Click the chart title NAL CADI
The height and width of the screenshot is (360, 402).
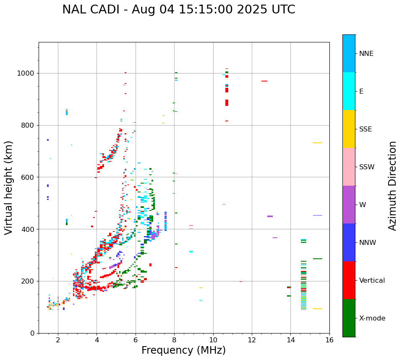pyautogui.click(x=178, y=10)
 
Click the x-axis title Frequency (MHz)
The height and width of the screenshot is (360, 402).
pyautogui.click(x=183, y=350)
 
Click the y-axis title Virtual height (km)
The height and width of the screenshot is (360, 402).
pyautogui.click(x=9, y=187)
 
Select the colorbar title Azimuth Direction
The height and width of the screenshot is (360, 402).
pyautogui.click(x=392, y=186)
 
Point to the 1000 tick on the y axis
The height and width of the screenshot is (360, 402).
pyautogui.click(x=27, y=74)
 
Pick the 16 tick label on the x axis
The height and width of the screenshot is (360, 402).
pyautogui.click(x=329, y=340)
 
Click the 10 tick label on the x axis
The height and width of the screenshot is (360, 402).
pyautogui.click(x=213, y=340)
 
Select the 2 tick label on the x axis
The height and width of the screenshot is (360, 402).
pyautogui.click(x=58, y=340)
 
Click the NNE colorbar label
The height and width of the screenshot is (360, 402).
pyautogui.click(x=366, y=54)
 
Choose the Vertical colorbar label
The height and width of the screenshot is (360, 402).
pyautogui.click(x=372, y=281)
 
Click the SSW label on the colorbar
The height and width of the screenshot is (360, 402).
pyautogui.click(x=367, y=167)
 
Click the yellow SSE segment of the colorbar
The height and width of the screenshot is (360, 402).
pyautogui.click(x=349, y=129)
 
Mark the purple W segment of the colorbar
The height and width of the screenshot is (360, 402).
pyautogui.click(x=349, y=205)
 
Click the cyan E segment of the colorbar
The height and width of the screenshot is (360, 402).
pyautogui.click(x=349, y=91)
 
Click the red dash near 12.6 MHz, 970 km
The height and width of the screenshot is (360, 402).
pyautogui.click(x=264, y=81)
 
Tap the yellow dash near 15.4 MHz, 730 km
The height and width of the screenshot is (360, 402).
pyautogui.click(x=318, y=143)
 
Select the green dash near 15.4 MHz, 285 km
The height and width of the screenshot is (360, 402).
pyautogui.click(x=318, y=259)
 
